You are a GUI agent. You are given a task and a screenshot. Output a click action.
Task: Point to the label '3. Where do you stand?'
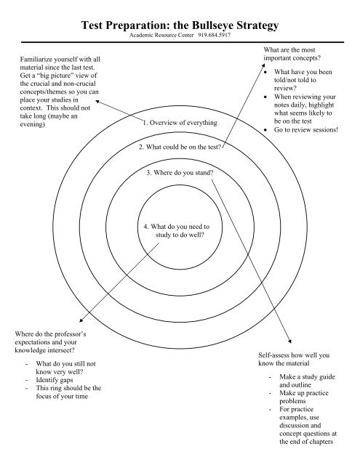[x=180, y=173]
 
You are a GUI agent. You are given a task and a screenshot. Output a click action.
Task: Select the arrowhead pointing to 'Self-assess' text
[x=291, y=341]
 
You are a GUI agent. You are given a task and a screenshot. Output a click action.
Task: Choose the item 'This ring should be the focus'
[x=73, y=393]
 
